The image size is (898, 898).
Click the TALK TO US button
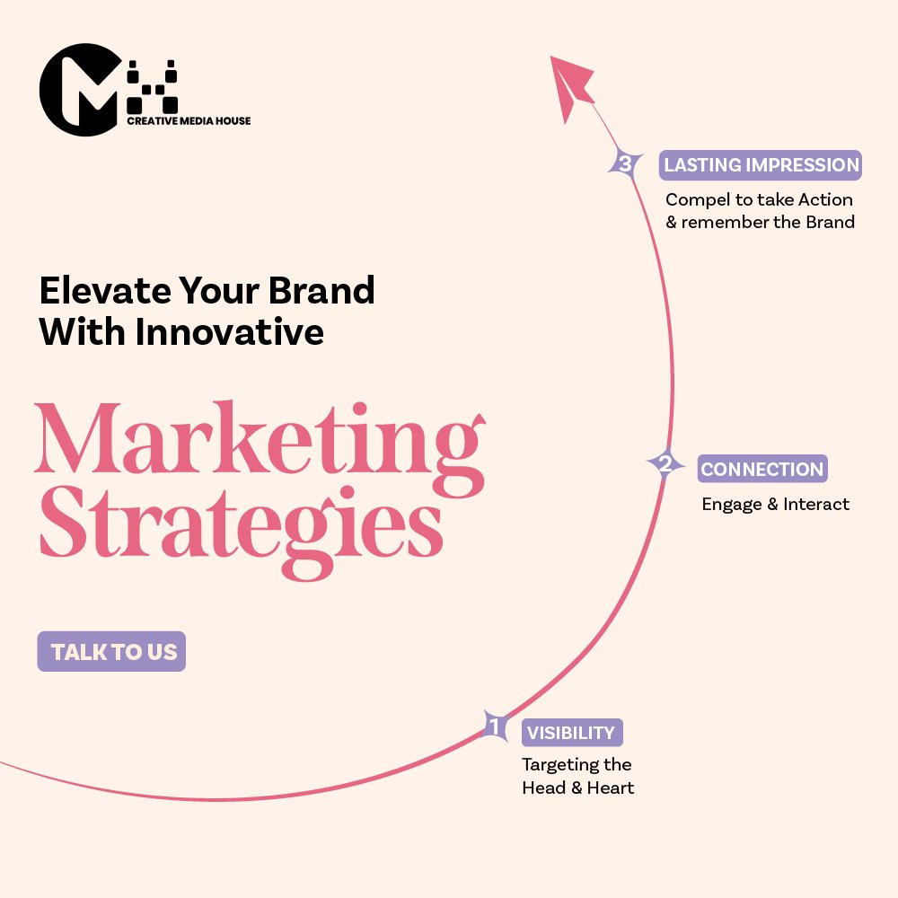(x=111, y=651)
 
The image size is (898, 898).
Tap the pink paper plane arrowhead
(x=570, y=87)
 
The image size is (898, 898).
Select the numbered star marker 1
(x=494, y=726)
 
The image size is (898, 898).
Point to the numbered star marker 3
(x=625, y=163)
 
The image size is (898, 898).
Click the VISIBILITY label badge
(x=571, y=733)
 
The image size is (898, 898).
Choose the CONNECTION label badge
(x=762, y=469)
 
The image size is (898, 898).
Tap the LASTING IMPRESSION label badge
(x=761, y=165)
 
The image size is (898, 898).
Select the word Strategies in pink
(x=241, y=530)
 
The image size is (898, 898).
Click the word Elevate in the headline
(x=105, y=290)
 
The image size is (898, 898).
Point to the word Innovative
(x=230, y=331)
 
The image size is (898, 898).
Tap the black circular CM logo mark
(x=80, y=89)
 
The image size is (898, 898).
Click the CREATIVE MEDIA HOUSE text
(x=189, y=121)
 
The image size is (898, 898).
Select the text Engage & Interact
(x=776, y=504)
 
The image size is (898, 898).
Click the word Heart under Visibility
(x=611, y=788)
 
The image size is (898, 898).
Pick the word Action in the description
(x=825, y=199)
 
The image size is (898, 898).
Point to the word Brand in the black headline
(x=321, y=290)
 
